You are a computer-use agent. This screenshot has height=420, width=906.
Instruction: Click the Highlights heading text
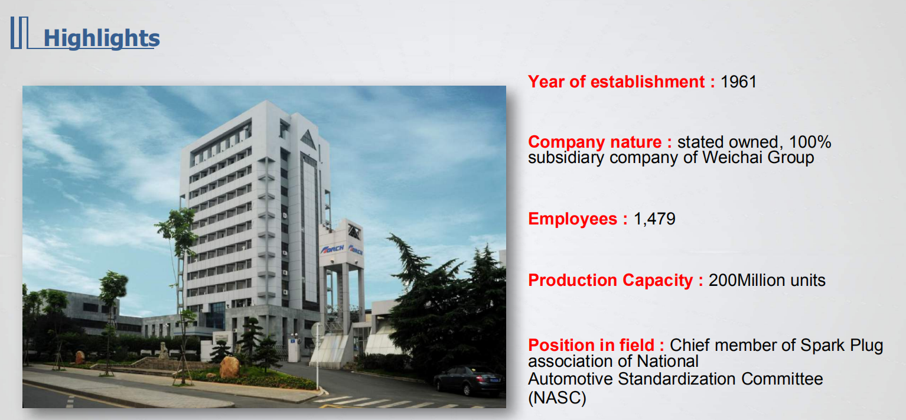coord(102,38)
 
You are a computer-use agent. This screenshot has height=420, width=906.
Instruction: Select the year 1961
coord(738,82)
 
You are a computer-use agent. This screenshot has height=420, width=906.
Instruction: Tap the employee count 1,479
coord(654,219)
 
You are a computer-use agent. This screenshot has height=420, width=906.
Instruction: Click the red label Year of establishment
coord(622,82)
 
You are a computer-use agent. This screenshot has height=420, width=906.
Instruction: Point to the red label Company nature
coord(600,142)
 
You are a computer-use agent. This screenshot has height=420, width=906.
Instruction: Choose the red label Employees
coord(578,219)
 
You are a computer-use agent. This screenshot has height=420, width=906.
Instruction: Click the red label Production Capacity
coord(615,280)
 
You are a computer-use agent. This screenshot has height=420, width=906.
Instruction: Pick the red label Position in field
coord(596,345)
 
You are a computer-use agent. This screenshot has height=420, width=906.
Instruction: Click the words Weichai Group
coord(758,157)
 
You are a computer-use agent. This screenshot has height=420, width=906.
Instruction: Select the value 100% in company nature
coord(810,142)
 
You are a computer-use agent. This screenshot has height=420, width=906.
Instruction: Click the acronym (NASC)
coord(557,398)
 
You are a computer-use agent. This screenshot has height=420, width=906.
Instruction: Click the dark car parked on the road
coord(468,380)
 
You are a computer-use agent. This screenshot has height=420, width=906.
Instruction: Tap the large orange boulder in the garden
coord(230,367)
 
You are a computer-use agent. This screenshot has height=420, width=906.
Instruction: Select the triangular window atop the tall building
coord(308,140)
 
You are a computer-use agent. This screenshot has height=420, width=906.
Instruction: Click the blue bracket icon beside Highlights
coord(19,32)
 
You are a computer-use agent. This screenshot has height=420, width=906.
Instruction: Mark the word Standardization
coord(677,379)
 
